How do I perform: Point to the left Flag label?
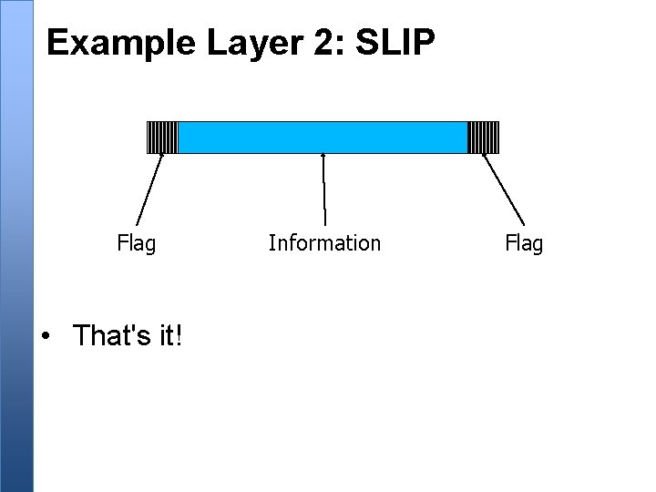(136, 244)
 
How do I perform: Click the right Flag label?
(523, 244)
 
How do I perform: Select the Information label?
(324, 243)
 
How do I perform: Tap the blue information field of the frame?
(322, 137)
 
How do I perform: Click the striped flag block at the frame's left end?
(162, 137)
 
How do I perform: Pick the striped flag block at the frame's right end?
(483, 137)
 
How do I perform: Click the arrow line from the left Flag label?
(150, 189)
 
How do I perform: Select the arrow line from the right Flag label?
(503, 189)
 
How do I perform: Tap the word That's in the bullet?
(109, 335)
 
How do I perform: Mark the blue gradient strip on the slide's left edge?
(15, 246)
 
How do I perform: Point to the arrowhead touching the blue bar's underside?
(323, 156)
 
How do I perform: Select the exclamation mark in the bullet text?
(179, 335)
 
